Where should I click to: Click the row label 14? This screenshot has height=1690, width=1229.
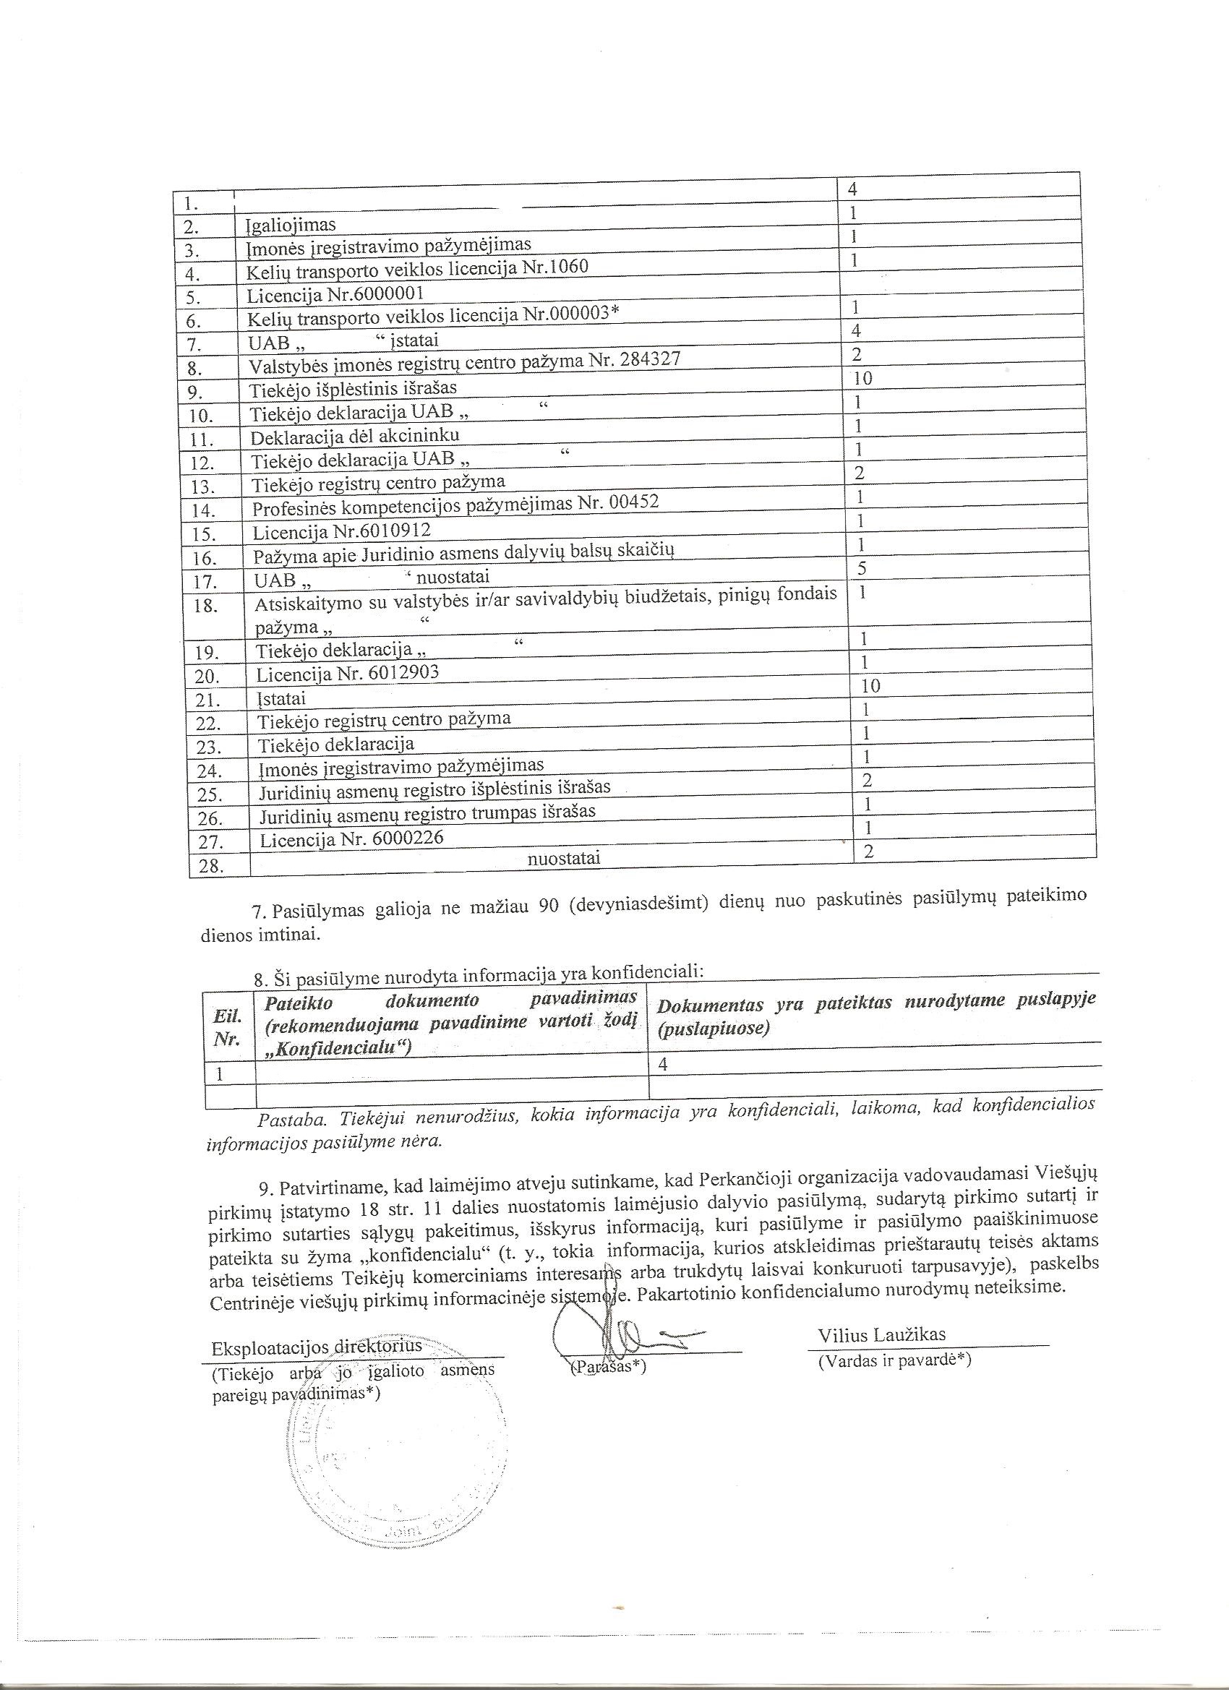202,510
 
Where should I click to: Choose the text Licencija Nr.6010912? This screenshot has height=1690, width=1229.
341,531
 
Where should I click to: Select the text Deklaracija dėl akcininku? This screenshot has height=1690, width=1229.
355,436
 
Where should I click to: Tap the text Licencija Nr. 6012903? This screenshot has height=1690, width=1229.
347,674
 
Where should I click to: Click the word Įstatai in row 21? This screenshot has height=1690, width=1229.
282,699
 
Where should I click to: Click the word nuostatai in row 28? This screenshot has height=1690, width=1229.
563,859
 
